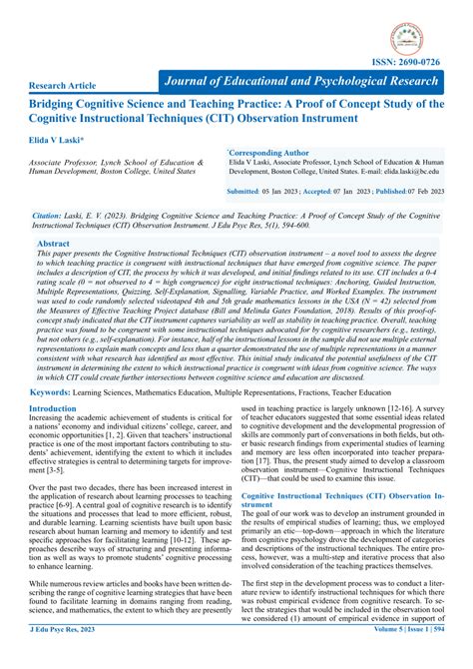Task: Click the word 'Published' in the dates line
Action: [390, 190]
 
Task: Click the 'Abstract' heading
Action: [53, 244]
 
